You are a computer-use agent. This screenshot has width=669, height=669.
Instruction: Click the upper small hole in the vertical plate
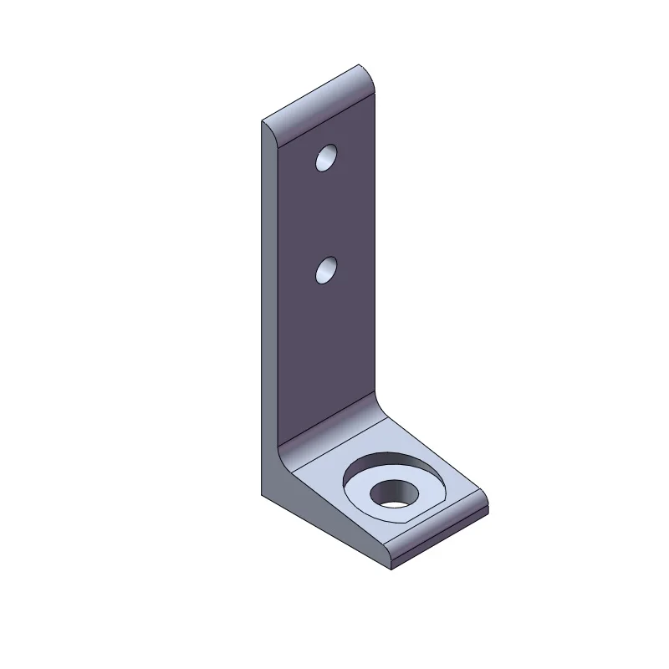point(325,158)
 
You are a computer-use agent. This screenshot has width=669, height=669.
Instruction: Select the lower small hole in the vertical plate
point(325,271)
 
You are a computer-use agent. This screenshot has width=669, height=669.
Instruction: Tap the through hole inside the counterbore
point(392,494)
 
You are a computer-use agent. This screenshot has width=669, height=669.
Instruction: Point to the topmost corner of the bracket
point(360,64)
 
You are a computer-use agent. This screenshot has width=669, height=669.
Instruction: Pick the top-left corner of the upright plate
point(263,122)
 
